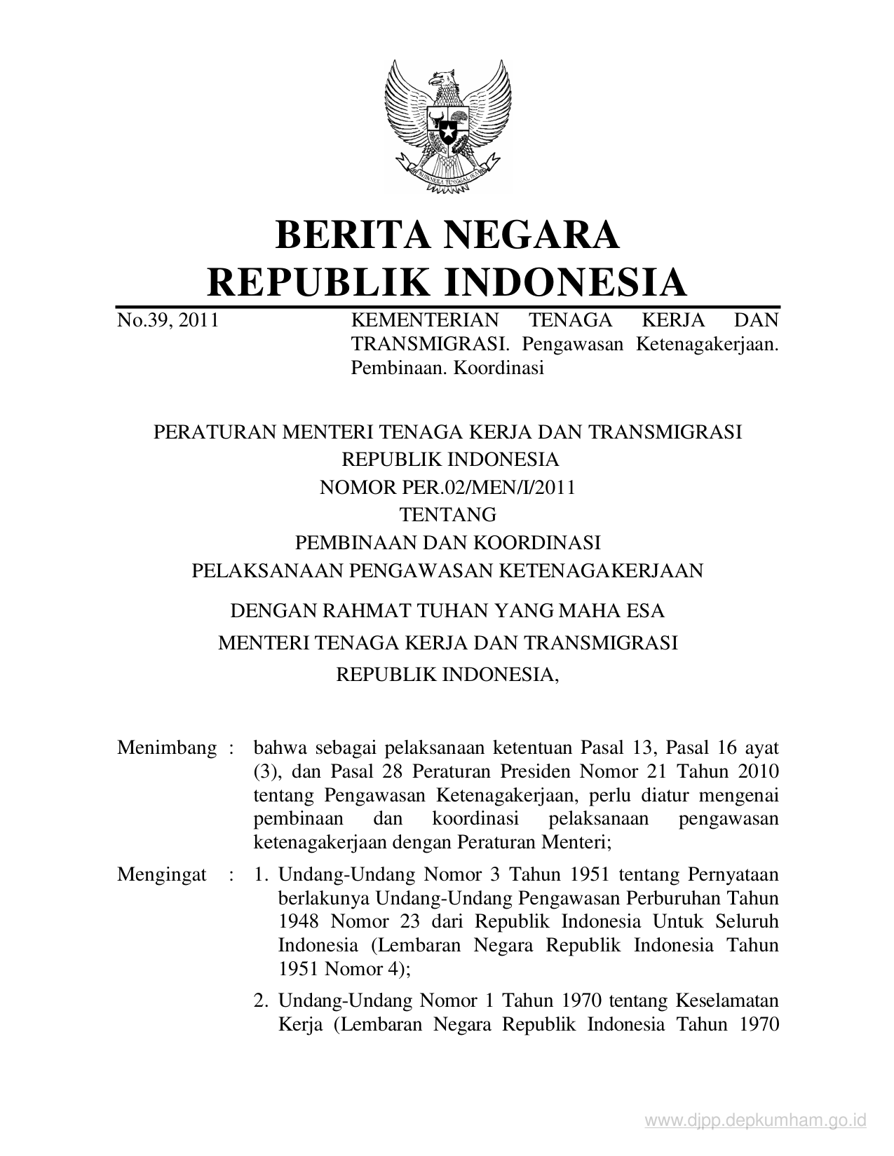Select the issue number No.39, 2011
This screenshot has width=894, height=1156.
click(168, 321)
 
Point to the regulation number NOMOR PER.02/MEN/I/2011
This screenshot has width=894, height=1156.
click(447, 487)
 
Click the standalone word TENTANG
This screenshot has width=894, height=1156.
click(447, 515)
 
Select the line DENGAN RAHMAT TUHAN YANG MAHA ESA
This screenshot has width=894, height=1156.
click(447, 611)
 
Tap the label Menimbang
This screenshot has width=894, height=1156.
click(167, 748)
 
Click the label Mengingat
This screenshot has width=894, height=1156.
click(162, 874)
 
